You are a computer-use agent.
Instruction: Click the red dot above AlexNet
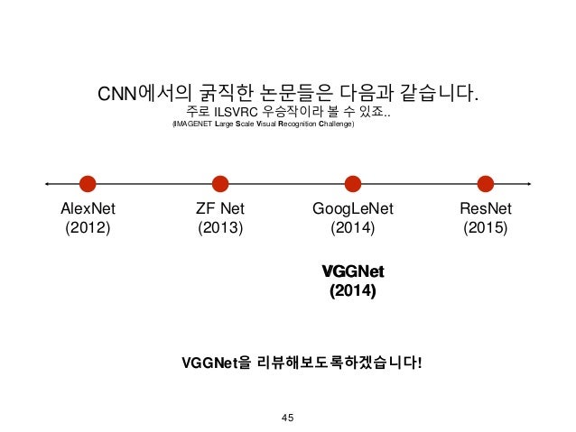[x=88, y=184]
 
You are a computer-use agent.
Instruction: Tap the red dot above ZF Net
[x=220, y=184]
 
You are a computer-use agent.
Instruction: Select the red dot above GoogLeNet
[x=353, y=184]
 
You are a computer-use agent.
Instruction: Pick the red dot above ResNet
[x=486, y=184]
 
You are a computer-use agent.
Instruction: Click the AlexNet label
[x=88, y=209]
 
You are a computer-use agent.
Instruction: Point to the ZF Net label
[x=220, y=209]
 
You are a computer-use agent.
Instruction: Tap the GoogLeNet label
[x=353, y=209]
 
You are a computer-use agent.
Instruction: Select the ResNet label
[x=486, y=209]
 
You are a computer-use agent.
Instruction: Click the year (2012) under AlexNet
[x=88, y=228]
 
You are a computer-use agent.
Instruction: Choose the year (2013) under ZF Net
[x=220, y=228]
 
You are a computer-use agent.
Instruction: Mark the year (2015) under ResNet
[x=486, y=228]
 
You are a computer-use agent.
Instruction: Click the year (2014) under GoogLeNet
[x=353, y=228]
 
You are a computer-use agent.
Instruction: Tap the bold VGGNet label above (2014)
[x=353, y=271]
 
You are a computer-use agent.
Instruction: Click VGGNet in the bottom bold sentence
[x=209, y=363]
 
